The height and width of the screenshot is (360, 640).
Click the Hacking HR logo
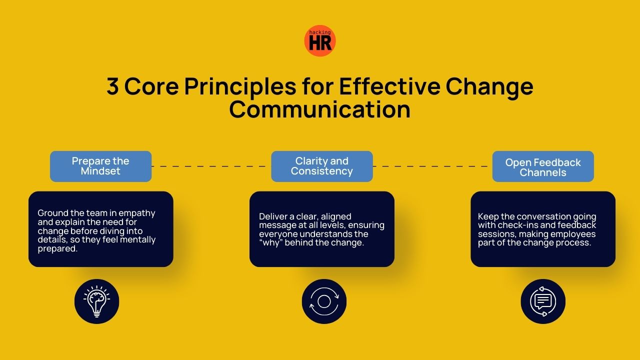coord(320,41)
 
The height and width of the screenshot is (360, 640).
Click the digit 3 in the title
coord(113,87)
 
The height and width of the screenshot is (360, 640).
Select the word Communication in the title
coord(320,109)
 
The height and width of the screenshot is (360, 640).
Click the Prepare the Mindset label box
coord(100,166)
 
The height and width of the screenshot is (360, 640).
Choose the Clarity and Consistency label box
coord(322,166)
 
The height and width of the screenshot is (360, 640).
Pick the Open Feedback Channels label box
coord(543,167)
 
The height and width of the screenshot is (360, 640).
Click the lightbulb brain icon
coord(97,301)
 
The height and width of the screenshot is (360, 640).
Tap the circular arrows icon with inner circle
coord(324,301)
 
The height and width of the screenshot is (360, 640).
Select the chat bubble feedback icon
coord(543,301)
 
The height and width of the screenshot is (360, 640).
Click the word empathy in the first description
coord(139,213)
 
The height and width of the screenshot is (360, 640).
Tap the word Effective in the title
coord(389,87)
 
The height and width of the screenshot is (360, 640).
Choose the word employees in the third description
coord(572,234)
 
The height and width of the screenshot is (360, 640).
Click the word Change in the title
coord(489,87)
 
